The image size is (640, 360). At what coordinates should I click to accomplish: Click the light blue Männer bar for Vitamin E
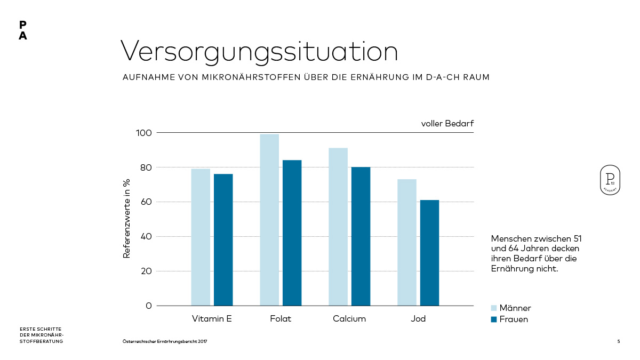click(x=201, y=237)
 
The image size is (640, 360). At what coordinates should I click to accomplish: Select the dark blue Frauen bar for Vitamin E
click(x=223, y=240)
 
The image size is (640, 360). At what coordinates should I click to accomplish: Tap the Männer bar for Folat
click(x=269, y=220)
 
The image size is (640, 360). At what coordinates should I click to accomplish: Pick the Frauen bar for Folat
click(x=292, y=233)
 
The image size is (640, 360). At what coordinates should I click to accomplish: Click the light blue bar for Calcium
click(x=338, y=227)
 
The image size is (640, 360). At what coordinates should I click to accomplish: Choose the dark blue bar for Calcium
click(x=361, y=236)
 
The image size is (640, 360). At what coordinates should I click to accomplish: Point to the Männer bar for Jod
click(x=407, y=243)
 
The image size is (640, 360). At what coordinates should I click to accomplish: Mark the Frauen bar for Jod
click(x=429, y=253)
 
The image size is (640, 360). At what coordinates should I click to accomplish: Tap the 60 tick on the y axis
click(x=146, y=202)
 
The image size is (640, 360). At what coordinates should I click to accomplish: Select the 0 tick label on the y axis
click(x=148, y=306)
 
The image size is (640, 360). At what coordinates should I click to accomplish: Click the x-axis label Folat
click(x=281, y=319)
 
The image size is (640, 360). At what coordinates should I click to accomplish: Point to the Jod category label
click(x=418, y=319)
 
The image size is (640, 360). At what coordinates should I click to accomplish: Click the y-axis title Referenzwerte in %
click(x=127, y=219)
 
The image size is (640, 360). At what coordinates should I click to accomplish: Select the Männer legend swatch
click(x=494, y=308)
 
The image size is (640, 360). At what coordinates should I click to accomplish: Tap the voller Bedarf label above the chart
click(x=447, y=124)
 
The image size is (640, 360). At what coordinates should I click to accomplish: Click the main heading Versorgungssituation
click(x=259, y=52)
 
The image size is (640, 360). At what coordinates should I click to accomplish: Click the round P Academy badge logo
click(x=610, y=180)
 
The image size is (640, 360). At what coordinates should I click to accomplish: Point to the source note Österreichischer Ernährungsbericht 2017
click(x=165, y=341)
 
